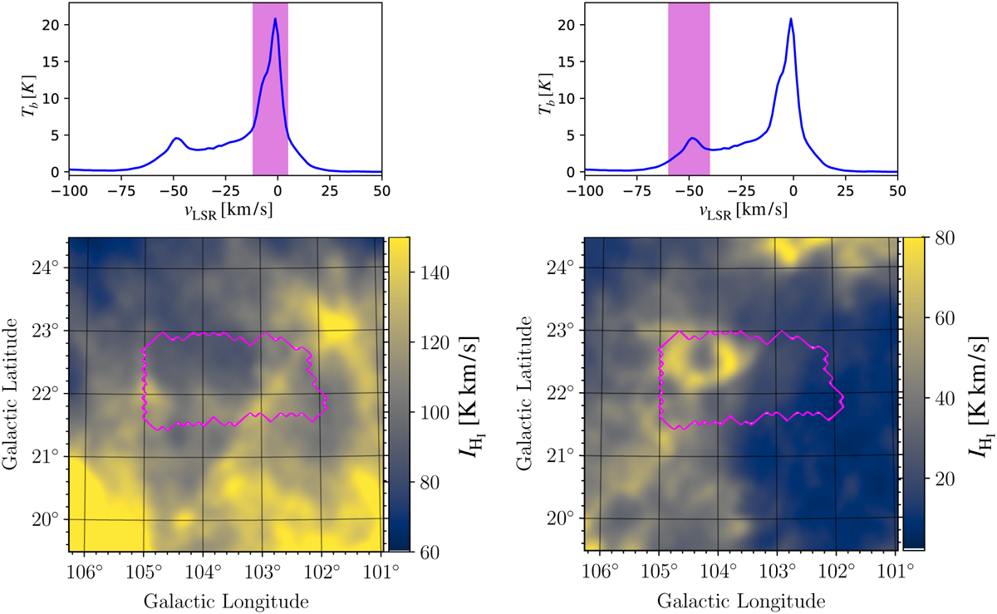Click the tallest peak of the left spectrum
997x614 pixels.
click(x=275, y=18)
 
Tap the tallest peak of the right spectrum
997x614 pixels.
click(x=791, y=18)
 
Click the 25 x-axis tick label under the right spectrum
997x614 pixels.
click(x=846, y=188)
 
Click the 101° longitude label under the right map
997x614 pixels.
click(x=896, y=572)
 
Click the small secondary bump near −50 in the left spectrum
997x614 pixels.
click(x=176, y=139)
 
